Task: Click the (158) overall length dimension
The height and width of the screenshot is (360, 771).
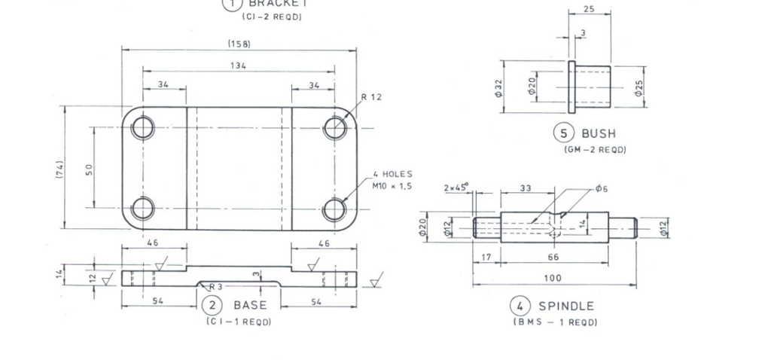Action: [239, 44]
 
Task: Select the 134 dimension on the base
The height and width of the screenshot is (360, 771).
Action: [239, 66]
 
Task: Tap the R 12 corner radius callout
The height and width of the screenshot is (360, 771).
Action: [372, 97]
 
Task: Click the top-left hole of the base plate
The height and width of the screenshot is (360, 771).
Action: [142, 127]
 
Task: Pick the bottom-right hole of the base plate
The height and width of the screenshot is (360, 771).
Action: [334, 209]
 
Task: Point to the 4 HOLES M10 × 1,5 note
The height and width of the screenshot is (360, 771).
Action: [392, 179]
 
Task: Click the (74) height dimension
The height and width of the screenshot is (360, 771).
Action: [58, 167]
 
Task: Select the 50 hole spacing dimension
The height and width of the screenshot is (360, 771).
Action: [89, 169]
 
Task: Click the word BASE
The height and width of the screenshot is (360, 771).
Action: [250, 305]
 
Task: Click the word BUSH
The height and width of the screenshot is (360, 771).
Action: [598, 133]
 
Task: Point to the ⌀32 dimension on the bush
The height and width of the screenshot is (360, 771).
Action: [498, 88]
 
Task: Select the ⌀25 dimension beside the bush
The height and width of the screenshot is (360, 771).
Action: [638, 87]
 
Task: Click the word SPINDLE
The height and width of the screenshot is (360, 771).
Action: [565, 306]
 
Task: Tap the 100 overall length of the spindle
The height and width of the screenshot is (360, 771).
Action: [553, 278]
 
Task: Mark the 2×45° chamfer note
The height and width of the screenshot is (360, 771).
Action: [456, 188]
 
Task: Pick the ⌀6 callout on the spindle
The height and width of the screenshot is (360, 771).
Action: [601, 188]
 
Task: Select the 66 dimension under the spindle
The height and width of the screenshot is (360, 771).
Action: [553, 257]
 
